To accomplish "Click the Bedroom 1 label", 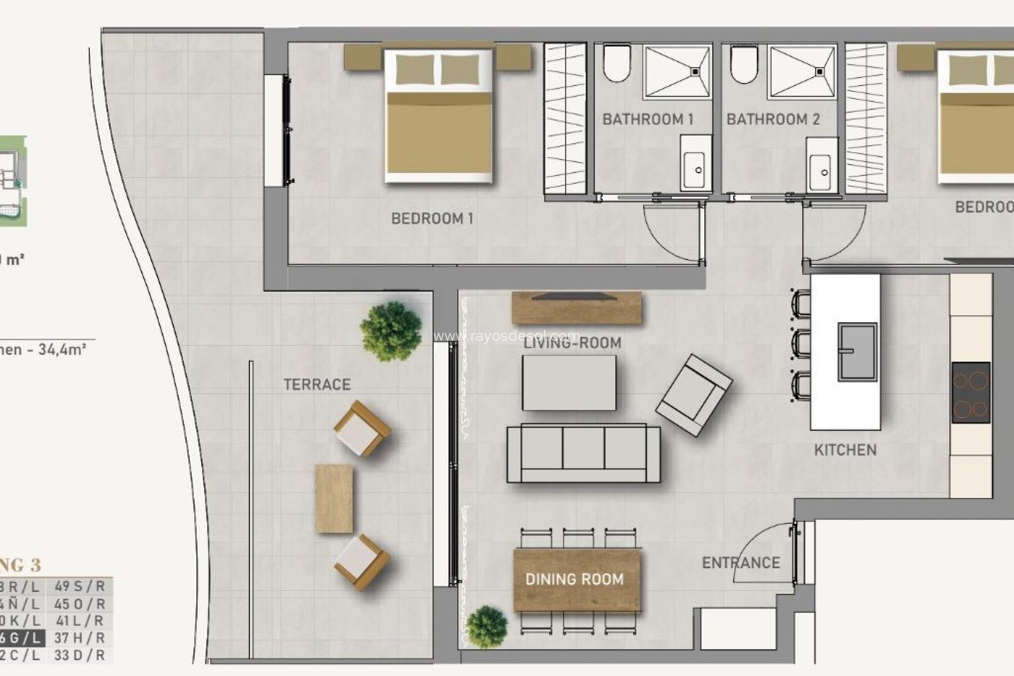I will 432,218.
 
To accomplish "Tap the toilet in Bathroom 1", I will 617,63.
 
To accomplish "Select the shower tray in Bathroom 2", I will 803,72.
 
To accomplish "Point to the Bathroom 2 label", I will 773,119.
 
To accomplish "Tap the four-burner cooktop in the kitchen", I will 971,392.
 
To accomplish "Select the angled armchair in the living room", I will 693,395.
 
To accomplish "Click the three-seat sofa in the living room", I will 583,454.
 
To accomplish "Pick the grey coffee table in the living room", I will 569,383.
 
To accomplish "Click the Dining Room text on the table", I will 575,579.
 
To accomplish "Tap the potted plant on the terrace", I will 391,331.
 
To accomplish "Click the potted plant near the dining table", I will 487,627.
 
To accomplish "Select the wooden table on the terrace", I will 334,499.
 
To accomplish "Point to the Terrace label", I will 317,384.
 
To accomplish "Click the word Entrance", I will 740,563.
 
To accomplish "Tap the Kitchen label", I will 845,450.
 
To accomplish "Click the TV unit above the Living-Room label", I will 576,307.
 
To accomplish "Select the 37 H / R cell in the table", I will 80,638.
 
